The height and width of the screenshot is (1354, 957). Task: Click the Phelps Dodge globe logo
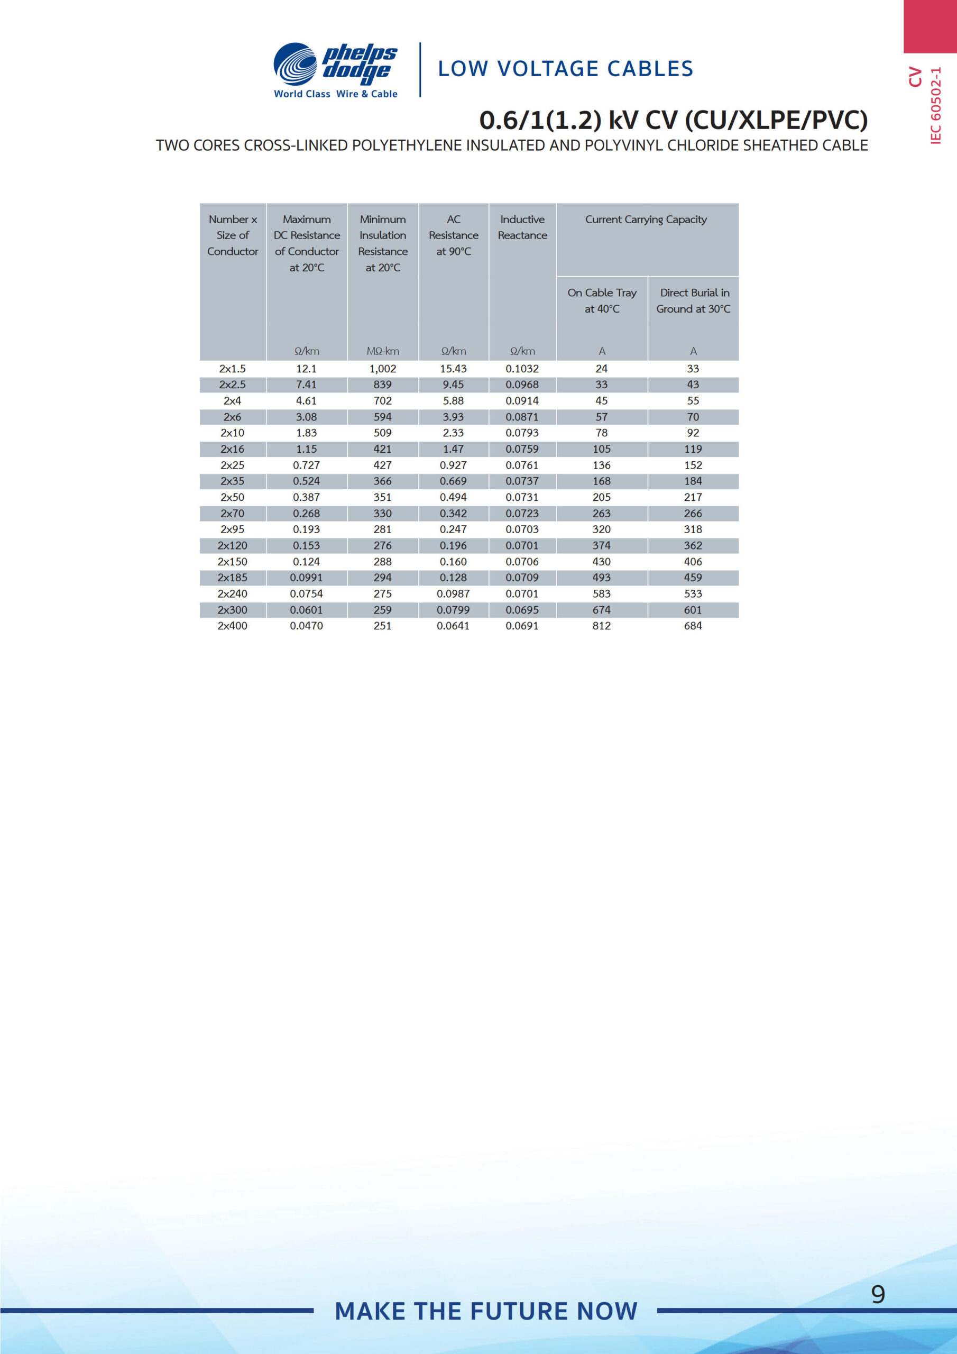pos(296,65)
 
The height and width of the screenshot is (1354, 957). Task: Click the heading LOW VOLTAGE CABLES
pos(565,69)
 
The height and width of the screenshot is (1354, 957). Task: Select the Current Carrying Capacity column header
pos(646,219)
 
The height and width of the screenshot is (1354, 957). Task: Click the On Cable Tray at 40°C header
pos(602,300)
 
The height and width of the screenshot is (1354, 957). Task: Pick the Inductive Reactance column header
pos(522,227)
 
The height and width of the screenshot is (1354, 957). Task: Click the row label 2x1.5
pos(232,369)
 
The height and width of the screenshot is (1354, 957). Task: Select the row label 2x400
pos(232,626)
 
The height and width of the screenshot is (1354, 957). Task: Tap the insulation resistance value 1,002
pos(383,369)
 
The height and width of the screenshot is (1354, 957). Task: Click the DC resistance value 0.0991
pos(306,578)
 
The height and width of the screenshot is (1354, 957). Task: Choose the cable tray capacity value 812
pos(602,626)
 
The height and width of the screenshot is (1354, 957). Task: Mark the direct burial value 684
pos(693,626)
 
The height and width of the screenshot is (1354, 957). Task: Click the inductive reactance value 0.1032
pos(522,369)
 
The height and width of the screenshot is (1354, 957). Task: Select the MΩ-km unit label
pos(383,351)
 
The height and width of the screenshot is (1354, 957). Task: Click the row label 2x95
pos(232,529)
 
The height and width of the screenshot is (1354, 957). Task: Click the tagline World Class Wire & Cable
pos(336,94)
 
